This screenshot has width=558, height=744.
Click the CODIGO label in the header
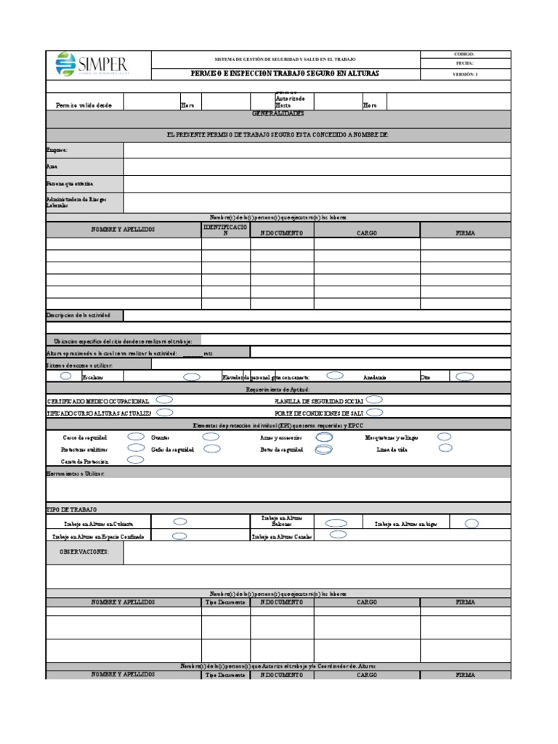click(x=465, y=54)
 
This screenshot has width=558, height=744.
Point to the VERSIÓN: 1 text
click(x=465, y=74)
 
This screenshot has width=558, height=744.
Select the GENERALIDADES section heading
click(x=278, y=114)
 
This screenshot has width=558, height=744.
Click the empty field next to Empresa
click(x=317, y=150)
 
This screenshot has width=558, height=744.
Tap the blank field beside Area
click(x=317, y=167)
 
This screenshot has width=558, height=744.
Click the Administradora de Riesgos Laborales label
click(x=77, y=202)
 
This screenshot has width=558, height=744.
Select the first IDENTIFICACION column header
click(x=225, y=230)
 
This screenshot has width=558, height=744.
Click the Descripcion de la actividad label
click(x=78, y=315)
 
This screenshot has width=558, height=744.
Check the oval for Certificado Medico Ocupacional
click(x=165, y=400)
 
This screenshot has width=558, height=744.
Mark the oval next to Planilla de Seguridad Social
click(x=375, y=400)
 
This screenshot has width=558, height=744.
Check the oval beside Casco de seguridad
click(x=135, y=437)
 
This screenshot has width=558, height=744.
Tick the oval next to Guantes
click(x=211, y=437)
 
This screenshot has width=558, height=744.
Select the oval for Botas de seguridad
click(x=324, y=450)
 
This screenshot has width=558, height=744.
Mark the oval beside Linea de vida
click(x=445, y=448)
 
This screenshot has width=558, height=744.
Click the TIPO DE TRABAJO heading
click(x=71, y=509)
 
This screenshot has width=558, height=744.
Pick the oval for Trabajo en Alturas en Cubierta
click(x=179, y=522)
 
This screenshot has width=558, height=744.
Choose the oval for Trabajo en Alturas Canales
click(x=338, y=535)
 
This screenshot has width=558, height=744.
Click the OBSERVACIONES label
click(x=84, y=552)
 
